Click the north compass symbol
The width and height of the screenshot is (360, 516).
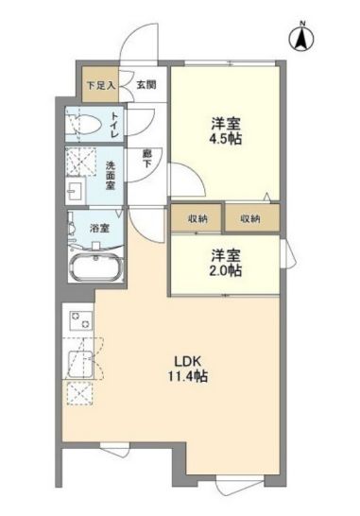tap(301, 38)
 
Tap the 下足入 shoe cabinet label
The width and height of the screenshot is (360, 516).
tap(101, 86)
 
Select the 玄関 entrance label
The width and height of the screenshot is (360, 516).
tap(146, 85)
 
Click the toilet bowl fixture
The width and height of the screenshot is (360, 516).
tap(84, 125)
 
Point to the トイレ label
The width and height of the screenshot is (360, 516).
tap(115, 125)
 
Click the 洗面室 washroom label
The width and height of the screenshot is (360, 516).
tap(110, 175)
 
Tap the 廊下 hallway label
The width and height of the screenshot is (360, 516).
tap(146, 159)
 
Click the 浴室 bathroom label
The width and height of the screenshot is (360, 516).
tap(99, 228)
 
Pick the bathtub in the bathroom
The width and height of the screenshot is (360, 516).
tap(95, 267)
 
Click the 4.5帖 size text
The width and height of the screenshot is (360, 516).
tap(226, 139)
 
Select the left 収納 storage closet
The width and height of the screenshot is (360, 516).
tap(197, 218)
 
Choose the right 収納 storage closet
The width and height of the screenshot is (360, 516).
tap(252, 218)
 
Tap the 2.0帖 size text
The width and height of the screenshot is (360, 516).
tap(226, 270)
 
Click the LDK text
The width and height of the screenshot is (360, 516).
tap(188, 361)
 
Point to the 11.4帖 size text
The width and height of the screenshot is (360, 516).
tap(188, 376)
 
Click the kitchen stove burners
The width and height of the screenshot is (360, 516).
tap(80, 319)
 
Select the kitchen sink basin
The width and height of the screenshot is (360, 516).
tap(80, 365)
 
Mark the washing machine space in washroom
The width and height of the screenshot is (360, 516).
tap(81, 161)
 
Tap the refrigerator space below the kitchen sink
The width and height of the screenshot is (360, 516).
tap(80, 392)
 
